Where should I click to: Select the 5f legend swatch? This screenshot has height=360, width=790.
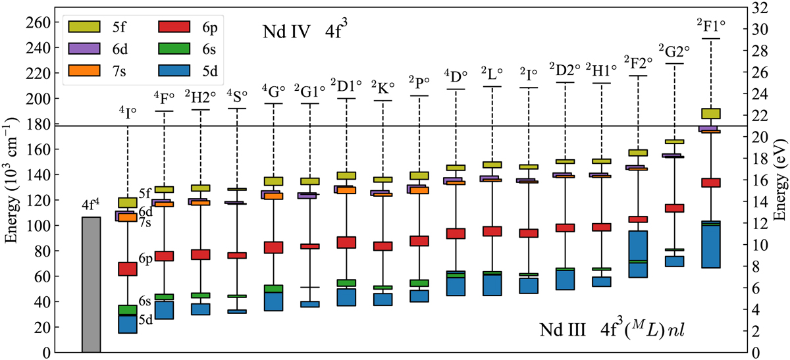click(84, 26)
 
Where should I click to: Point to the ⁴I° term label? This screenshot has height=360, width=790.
click(127, 112)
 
